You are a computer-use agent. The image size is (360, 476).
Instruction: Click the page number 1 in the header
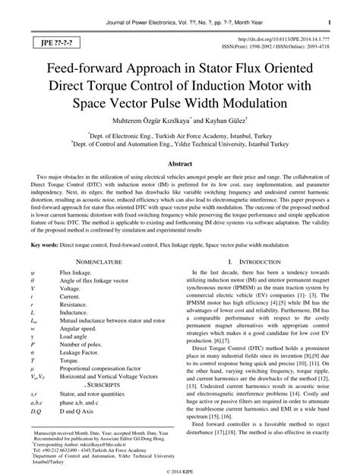click(x=338, y=14)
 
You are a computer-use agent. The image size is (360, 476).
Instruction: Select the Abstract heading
click(x=179, y=163)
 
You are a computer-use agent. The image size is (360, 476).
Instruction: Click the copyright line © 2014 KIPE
click(x=179, y=469)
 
